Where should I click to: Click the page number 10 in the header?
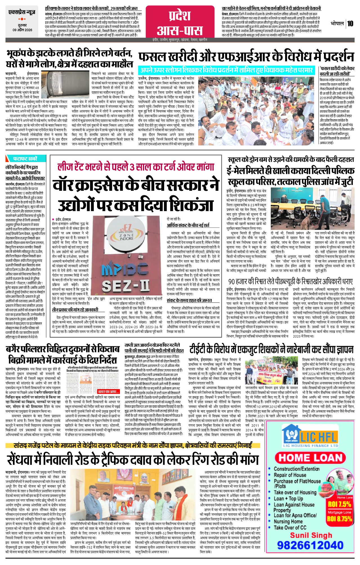(350, 23)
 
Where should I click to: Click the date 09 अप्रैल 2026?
(22, 30)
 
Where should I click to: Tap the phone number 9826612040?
(310, 545)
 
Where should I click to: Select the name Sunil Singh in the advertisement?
(311, 535)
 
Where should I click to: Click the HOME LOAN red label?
(310, 458)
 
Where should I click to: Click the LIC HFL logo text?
(318, 437)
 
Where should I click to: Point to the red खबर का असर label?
(108, 391)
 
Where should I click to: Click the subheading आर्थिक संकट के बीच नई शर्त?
(188, 225)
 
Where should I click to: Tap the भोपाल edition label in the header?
(337, 23)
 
